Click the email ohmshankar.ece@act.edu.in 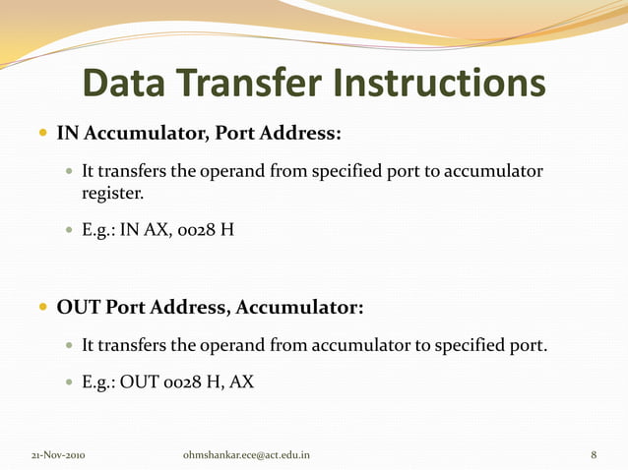point(246,455)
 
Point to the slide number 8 point(594,455)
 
